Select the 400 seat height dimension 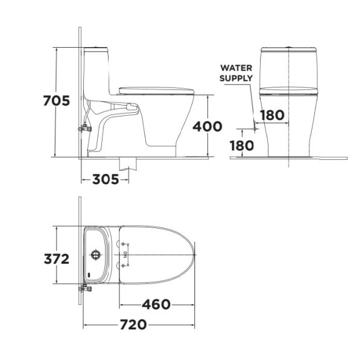pos(208,127)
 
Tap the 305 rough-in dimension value pos(107,179)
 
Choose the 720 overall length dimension pos(133,325)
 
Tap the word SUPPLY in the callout pos(236,78)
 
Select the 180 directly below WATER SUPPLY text pos(273,115)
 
